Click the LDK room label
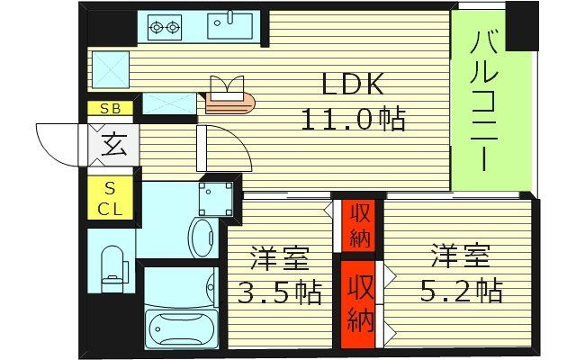[355, 85]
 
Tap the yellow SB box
[111, 109]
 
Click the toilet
[112, 266]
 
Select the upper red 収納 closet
[359, 227]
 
